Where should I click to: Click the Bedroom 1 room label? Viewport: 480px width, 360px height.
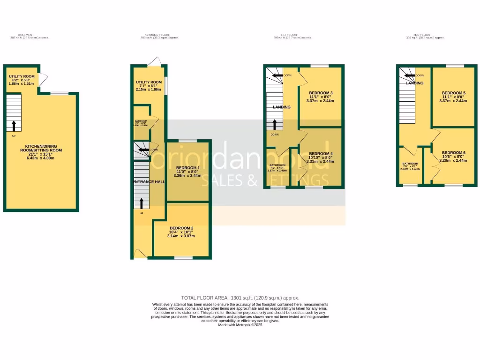click(187, 168)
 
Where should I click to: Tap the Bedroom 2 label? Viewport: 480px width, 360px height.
click(180, 228)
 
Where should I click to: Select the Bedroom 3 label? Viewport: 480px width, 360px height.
click(321, 93)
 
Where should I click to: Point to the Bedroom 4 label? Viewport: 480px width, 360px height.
click(321, 154)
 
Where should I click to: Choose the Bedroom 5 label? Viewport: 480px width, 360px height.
click(453, 93)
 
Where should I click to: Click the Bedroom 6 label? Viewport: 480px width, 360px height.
click(453, 153)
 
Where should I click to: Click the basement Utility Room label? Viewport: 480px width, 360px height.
click(22, 76)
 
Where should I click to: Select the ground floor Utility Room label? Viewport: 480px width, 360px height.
click(149, 82)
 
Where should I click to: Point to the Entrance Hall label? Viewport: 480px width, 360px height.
click(149, 181)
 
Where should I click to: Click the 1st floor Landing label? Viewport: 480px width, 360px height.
click(282, 107)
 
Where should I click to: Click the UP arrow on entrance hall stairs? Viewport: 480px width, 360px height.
click(141, 202)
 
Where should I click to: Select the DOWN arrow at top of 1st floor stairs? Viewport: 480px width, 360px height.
click(277, 75)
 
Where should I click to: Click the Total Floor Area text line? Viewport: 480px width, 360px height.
click(240, 298)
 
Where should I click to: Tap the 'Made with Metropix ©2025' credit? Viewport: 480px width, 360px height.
click(240, 325)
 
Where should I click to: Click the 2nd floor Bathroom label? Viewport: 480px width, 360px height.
click(410, 164)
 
